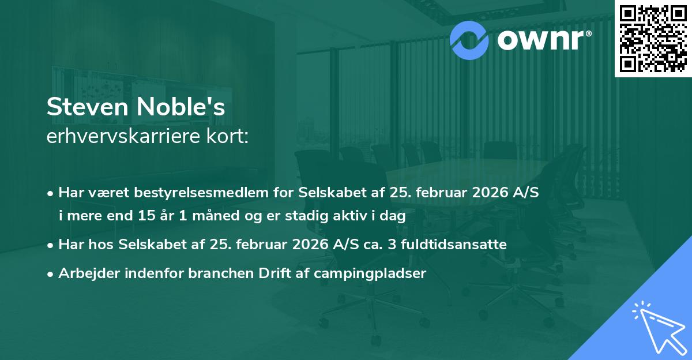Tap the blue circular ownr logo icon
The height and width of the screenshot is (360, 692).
469,39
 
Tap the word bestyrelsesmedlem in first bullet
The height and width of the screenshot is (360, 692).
201,192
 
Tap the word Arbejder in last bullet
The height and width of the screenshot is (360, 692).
85,273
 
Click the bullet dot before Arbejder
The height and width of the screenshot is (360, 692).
51,273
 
